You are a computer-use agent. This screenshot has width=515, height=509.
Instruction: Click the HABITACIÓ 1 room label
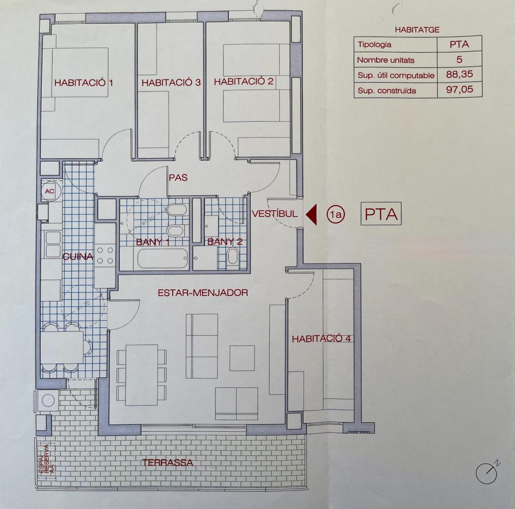83,83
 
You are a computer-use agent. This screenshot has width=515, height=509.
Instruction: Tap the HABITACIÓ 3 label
171,83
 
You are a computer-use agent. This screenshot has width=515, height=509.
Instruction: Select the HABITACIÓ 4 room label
321,339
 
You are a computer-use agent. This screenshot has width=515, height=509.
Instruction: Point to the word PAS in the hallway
178,178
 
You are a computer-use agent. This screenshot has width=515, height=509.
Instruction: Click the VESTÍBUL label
275,214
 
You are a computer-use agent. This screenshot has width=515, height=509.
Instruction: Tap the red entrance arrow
311,214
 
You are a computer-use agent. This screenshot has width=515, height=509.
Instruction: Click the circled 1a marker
336,214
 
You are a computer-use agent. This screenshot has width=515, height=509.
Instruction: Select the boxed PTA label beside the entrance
381,214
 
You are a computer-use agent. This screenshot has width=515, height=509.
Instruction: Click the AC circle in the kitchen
50,191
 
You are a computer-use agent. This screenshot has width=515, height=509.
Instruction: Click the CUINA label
78,257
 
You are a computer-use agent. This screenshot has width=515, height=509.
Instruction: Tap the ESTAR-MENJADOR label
203,293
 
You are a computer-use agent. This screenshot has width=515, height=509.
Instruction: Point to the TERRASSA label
168,462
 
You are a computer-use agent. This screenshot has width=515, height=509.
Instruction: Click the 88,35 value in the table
459,74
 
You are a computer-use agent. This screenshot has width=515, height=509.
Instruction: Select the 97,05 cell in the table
459,90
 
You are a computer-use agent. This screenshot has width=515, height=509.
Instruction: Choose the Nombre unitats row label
386,60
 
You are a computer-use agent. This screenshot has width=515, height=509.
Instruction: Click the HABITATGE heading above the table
417,30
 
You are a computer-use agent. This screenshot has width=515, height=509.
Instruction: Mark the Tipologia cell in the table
374,45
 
